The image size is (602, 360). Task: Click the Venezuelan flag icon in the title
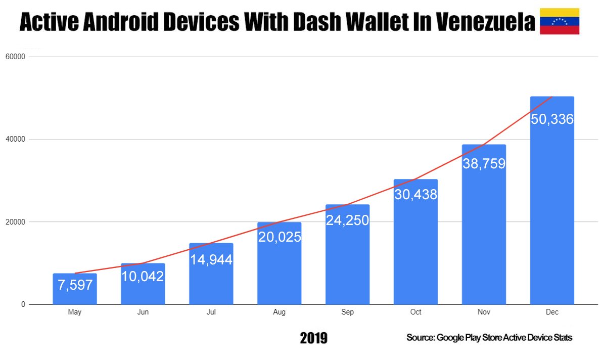coord(560,21)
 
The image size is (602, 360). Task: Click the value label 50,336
coord(552,119)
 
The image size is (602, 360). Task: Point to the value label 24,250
coord(347,220)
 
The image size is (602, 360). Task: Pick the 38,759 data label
coord(484,164)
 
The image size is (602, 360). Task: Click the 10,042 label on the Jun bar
coord(143,276)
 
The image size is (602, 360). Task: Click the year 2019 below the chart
coord(313,338)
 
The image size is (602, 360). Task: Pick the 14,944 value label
coord(211,260)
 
